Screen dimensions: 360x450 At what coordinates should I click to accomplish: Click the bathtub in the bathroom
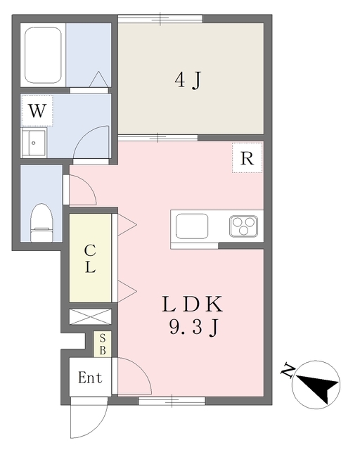pyautogui.click(x=43, y=55)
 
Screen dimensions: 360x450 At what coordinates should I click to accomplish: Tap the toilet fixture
pyautogui.click(x=42, y=223)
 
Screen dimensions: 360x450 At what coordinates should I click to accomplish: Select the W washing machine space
pyautogui.click(x=37, y=111)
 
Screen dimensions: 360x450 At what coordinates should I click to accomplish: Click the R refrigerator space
pyautogui.click(x=247, y=157)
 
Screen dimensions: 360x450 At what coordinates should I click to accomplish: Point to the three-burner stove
pyautogui.click(x=243, y=226)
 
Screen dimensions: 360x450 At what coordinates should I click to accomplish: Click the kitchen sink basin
pyautogui.click(x=192, y=226)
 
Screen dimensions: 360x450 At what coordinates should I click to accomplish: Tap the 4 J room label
pyautogui.click(x=187, y=80)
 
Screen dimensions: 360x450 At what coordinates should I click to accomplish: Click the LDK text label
pyautogui.click(x=193, y=304)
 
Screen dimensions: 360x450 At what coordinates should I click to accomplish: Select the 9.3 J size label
pyautogui.click(x=193, y=328)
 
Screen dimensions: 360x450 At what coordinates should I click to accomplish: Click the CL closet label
pyautogui.click(x=90, y=259)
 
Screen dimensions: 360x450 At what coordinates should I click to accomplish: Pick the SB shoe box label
pyautogui.click(x=103, y=345)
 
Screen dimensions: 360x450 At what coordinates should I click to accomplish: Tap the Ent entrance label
pyautogui.click(x=90, y=378)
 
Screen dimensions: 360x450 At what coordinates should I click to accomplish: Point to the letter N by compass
pyautogui.click(x=288, y=371)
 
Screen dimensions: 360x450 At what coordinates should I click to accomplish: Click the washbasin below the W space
pyautogui.click(x=34, y=143)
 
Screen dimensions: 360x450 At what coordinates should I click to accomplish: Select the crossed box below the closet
pyautogui.click(x=90, y=317)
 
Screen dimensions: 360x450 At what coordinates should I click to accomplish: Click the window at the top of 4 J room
pyautogui.click(x=160, y=19)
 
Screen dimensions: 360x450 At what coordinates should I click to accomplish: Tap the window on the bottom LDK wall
pyautogui.click(x=172, y=401)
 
